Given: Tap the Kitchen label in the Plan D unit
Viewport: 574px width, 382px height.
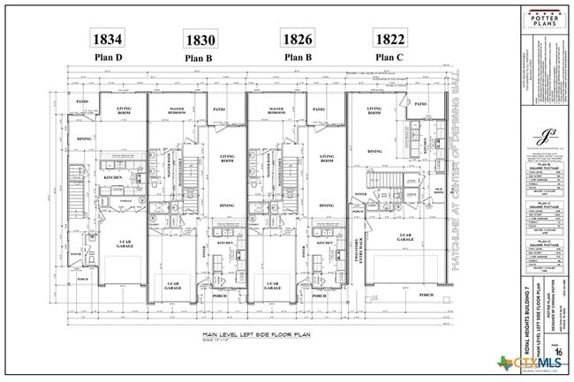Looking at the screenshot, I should (x=113, y=177).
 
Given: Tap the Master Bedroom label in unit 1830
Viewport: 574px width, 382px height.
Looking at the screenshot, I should (x=182, y=112).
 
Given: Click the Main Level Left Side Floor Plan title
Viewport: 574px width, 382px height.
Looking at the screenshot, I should (x=219, y=335).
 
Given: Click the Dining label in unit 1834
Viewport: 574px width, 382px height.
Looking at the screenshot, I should (x=85, y=139).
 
